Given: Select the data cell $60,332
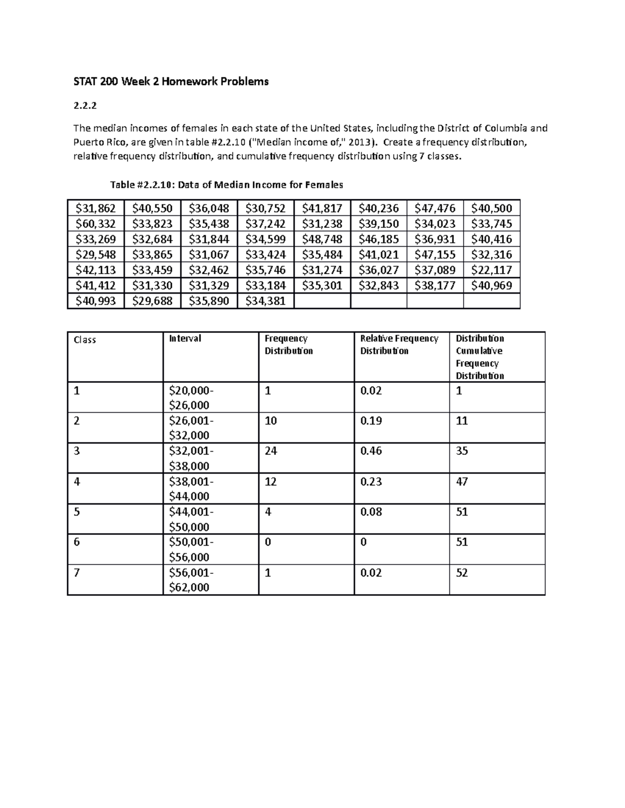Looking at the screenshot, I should coord(96,224).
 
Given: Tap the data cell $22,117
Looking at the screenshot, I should coord(491,270).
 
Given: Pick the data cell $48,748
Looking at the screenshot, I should coord(322,239).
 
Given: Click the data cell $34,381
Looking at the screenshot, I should coord(265,301).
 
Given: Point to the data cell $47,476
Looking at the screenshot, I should coord(435,209).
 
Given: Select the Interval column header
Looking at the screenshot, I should coord(185,339).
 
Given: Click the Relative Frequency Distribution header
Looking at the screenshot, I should coord(399,344).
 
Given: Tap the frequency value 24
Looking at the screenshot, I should coord(271,451).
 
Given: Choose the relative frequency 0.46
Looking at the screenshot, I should coord(371,451).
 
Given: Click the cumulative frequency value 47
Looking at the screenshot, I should coord(462,482).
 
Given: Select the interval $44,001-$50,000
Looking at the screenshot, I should coord(191,519).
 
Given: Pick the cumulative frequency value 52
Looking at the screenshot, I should coord(462,573).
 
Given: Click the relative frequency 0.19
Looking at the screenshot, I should coord(371,421).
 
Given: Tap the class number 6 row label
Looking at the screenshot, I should coord(77,542).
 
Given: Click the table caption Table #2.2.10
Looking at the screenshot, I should coord(227,185).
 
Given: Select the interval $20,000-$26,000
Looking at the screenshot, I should coord(191,397).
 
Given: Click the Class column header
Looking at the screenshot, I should coord(85,340).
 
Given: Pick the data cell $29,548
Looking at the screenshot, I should coord(96,254).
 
